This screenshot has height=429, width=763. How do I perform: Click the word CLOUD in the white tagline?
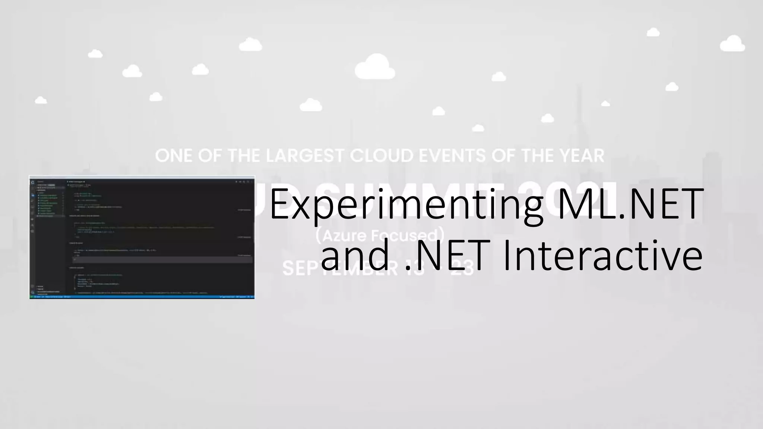pos(381,156)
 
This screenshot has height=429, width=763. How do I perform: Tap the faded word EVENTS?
pos(452,156)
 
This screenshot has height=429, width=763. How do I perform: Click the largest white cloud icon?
pos(375,67)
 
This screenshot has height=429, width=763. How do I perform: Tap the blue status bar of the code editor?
pos(142,297)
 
